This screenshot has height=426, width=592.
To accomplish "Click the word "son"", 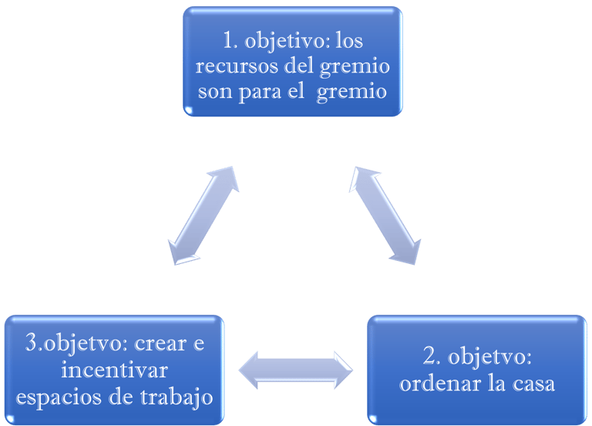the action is pyautogui.click(x=215, y=93).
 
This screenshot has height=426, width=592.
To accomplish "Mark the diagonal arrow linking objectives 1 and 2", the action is pyautogui.click(x=385, y=215).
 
